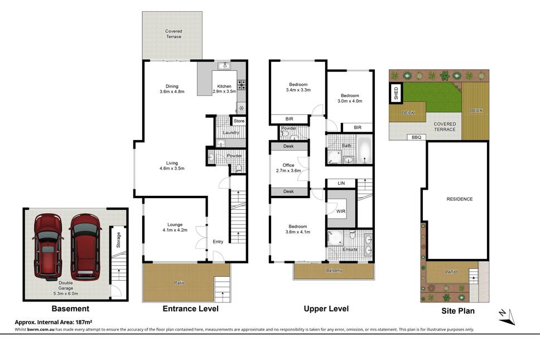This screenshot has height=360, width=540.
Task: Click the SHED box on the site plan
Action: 396,93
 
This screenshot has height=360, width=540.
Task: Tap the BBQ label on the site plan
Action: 416,137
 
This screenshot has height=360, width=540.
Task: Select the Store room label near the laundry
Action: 239,121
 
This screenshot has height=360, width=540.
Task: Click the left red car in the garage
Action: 48,246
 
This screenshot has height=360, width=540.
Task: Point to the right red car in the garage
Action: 85,247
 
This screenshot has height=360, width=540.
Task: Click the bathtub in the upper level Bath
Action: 364,151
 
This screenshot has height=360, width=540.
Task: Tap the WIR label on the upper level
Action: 341,211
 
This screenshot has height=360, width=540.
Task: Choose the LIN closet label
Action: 341,183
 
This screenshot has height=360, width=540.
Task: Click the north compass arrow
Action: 507,317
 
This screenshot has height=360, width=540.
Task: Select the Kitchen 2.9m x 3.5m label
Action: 224,89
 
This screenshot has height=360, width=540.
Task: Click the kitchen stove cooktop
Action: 242,85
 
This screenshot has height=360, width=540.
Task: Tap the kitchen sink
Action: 224,65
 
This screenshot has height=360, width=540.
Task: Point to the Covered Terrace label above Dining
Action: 173,33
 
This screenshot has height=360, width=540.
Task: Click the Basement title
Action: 70,309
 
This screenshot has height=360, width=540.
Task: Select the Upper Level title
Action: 326,309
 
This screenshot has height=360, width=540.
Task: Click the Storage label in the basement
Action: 118,240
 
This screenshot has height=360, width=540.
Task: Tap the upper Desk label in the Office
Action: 288,146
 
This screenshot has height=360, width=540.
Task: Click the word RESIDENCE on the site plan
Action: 460,199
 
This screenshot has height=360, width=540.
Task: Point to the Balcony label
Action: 334,271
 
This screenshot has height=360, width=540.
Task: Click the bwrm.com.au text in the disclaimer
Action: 41,330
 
